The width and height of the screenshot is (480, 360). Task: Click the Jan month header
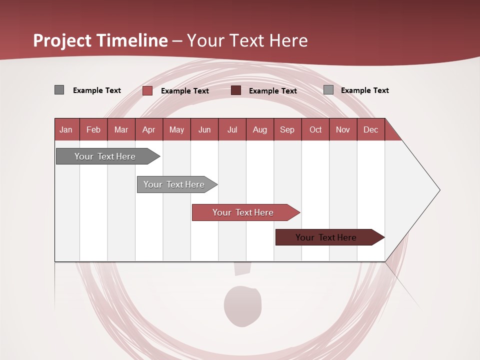66,129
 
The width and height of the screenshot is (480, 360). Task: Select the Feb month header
93,129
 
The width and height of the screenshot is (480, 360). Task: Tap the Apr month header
149,129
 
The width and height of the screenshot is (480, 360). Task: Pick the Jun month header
204,129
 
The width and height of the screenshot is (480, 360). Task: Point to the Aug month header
260,129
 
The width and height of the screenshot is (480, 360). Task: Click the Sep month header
287,129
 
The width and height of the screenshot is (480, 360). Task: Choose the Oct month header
315,129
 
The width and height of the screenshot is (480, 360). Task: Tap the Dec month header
371,129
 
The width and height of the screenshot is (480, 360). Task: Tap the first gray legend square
59,90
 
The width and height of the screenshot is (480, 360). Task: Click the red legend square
147,90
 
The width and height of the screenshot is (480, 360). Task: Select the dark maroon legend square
236,90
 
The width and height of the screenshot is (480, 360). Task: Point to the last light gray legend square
328,90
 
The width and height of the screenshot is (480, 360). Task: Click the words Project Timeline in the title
100,40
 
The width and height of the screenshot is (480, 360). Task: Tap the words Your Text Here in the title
247,40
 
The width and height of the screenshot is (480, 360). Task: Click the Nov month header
343,129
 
